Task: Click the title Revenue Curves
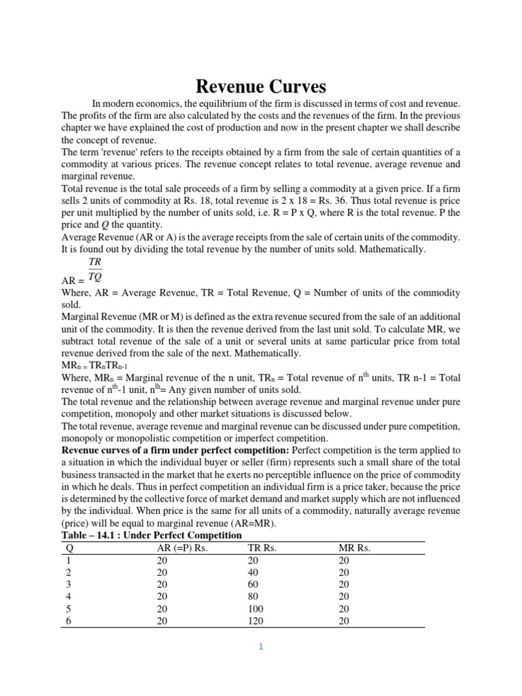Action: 261,86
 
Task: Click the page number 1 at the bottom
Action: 260,646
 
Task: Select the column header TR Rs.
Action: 262,549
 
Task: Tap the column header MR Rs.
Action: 354,549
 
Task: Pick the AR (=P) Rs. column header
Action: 181,549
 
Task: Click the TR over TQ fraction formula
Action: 94,269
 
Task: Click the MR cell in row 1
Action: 344,561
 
